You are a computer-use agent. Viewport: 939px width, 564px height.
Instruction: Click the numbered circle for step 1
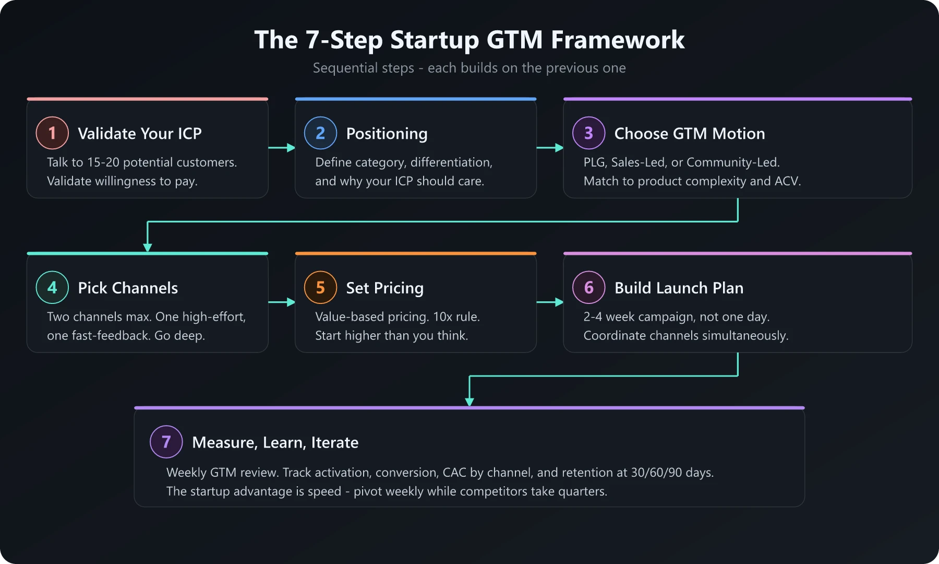point(52,133)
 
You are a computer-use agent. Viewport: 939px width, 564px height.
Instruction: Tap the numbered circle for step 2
point(320,133)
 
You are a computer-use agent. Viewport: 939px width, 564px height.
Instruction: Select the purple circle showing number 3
point(588,133)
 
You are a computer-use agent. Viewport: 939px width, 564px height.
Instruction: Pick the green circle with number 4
point(52,288)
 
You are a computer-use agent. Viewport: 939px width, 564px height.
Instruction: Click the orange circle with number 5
point(320,288)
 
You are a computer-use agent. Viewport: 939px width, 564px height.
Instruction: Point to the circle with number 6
point(588,288)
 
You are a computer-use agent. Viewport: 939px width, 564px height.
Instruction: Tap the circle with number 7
point(166,442)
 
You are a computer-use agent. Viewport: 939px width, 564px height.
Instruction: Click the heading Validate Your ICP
point(139,134)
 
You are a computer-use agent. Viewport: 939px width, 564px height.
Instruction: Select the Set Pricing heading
point(384,288)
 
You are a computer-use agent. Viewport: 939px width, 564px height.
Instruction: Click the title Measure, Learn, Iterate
point(275,443)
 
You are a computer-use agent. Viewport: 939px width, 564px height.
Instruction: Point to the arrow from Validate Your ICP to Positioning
point(282,148)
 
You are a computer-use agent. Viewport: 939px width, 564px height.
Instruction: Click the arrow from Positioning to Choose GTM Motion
point(550,148)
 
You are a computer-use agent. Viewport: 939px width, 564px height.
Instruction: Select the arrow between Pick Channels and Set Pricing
point(282,302)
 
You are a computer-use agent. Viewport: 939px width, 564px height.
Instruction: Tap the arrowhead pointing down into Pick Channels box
point(148,247)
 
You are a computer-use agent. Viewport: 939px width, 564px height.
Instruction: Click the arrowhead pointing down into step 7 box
point(469,402)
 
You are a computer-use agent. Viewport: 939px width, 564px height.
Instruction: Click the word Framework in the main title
point(618,40)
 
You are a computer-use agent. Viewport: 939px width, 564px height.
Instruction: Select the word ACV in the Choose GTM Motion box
point(787,181)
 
